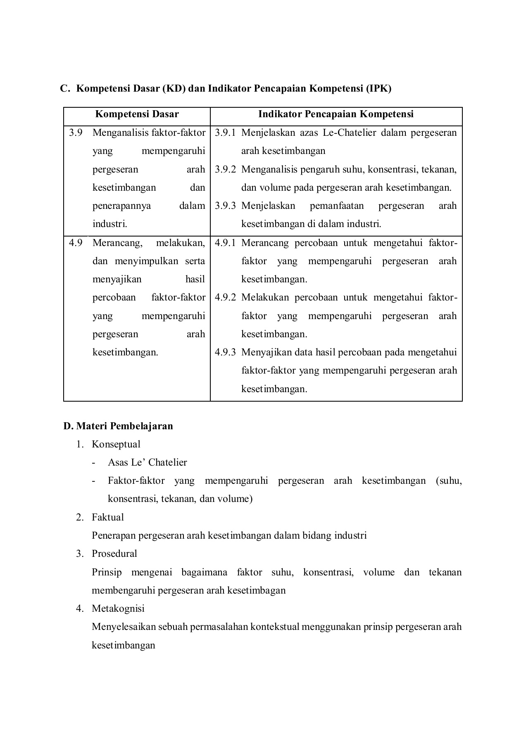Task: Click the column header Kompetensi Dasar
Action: click(x=137, y=114)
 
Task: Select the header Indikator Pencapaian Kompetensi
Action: click(x=336, y=114)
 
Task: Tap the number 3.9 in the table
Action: click(x=76, y=133)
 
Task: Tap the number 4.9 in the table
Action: click(x=76, y=243)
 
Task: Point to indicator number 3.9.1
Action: click(x=225, y=133)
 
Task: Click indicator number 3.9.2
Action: click(x=225, y=169)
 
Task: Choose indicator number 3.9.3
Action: click(x=225, y=206)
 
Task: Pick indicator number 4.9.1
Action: click(x=225, y=243)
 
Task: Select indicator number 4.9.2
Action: click(x=225, y=298)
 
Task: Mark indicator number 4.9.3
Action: click(x=225, y=353)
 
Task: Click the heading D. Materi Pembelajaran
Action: click(x=118, y=426)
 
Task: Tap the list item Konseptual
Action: click(x=116, y=445)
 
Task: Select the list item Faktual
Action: click(x=107, y=518)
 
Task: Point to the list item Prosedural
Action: click(x=114, y=554)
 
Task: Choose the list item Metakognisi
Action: click(x=118, y=609)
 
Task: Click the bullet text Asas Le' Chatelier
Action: click(x=147, y=463)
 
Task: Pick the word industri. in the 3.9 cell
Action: click(x=109, y=224)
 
